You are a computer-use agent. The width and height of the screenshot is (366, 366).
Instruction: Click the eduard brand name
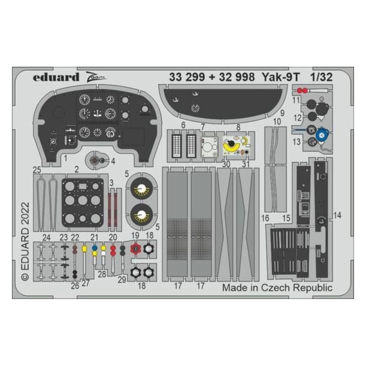pos(56,77)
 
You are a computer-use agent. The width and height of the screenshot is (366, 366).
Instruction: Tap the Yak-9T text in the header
pos(280,77)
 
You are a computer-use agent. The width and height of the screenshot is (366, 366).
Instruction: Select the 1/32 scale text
pos(321,77)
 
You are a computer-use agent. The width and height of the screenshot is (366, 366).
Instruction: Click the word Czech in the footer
pos(276,287)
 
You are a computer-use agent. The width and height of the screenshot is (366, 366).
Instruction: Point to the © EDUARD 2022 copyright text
pos(25,241)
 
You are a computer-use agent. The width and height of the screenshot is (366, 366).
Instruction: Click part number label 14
pos(337,215)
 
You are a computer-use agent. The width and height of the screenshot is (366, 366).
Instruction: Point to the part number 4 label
pos(113,161)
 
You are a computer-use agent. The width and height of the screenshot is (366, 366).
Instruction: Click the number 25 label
pos(37,170)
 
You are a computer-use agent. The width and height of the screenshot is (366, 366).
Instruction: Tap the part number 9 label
pos(282,113)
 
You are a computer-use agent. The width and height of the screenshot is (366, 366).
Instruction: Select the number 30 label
pos(226,164)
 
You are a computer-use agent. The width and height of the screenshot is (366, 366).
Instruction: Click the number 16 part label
pos(265,218)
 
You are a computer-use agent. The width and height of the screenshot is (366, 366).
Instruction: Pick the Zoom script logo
pos(96,77)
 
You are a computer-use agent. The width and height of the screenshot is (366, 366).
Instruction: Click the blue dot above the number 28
pos(94,248)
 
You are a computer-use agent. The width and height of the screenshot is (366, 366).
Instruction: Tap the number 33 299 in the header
pos(187,77)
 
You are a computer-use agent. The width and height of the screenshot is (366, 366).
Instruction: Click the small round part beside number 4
pos(102,160)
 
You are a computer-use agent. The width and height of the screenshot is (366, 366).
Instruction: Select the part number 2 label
pos(77,169)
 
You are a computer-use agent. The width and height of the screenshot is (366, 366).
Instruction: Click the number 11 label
pos(296,100)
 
